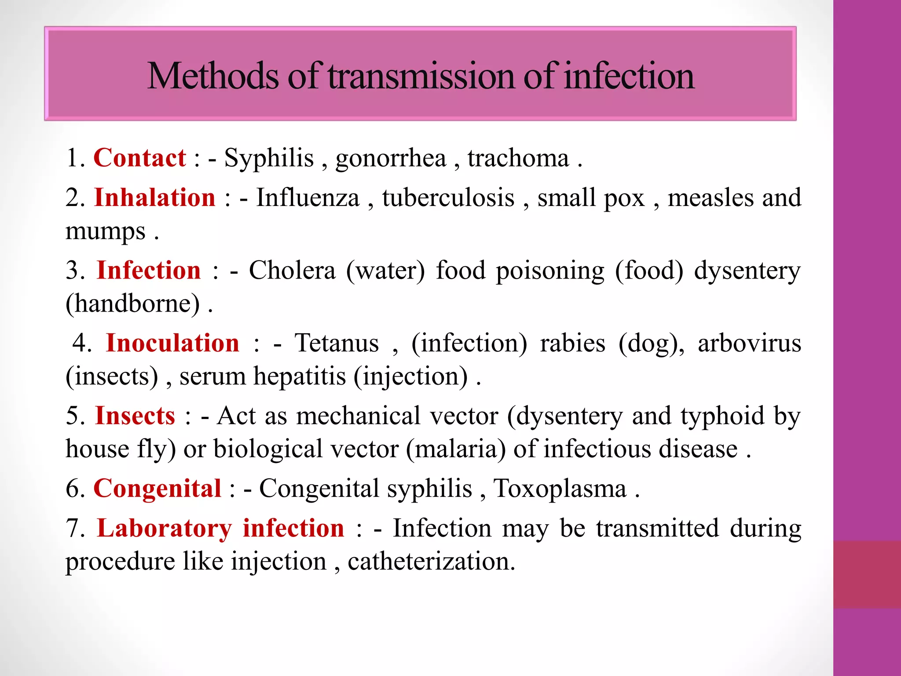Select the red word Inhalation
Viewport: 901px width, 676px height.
click(x=155, y=197)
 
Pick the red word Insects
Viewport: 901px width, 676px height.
click(x=135, y=415)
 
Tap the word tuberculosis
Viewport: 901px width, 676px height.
click(x=448, y=197)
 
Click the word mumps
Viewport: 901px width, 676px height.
click(x=105, y=231)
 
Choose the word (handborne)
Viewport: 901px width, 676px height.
click(x=132, y=303)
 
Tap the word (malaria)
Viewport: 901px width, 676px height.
click(x=456, y=449)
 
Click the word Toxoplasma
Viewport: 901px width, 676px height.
click(x=560, y=488)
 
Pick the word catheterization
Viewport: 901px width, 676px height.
click(x=431, y=561)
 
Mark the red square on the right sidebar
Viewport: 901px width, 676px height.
click(x=867, y=574)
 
